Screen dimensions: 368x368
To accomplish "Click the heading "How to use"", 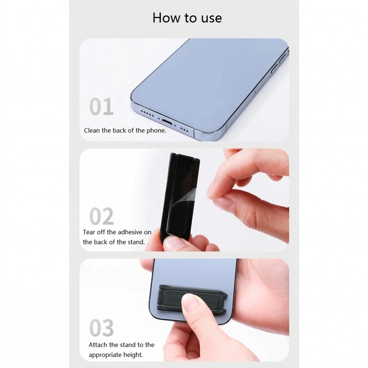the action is coord(187,18).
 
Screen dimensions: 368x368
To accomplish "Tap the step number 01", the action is coord(102,106).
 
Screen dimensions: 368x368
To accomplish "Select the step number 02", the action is coord(102,216).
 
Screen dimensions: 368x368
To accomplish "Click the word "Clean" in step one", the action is coord(92,131).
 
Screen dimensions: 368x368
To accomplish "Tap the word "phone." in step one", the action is coord(156,131).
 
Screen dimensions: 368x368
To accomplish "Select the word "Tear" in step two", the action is coord(89,232).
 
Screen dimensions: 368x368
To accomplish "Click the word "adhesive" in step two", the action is coord(130,232).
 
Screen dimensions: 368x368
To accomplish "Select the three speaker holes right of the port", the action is coord(184,129).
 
